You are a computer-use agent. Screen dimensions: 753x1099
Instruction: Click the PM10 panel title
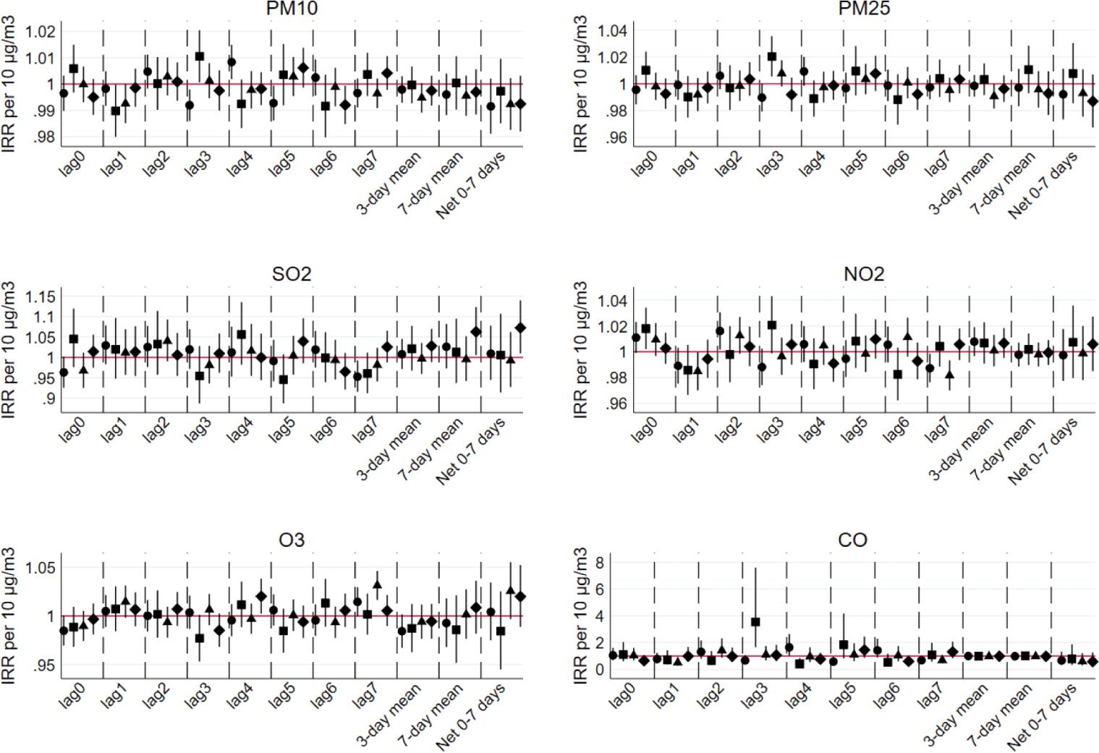click(292, 9)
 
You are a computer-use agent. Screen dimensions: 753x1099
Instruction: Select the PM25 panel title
click(854, 9)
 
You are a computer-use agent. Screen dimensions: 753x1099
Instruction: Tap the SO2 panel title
click(292, 275)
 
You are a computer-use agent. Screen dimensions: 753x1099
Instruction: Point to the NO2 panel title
click(864, 275)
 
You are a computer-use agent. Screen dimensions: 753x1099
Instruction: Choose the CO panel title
click(853, 540)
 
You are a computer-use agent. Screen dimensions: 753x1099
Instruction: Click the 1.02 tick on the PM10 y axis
click(41, 31)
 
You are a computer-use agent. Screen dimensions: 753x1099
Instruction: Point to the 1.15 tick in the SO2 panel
click(41, 297)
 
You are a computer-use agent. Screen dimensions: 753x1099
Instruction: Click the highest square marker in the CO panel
click(755, 622)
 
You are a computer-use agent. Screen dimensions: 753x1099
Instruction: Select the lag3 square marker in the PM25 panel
click(772, 56)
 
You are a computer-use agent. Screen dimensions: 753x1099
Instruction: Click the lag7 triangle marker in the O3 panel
click(377, 584)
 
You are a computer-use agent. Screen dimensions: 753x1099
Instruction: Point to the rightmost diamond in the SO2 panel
click(520, 328)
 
